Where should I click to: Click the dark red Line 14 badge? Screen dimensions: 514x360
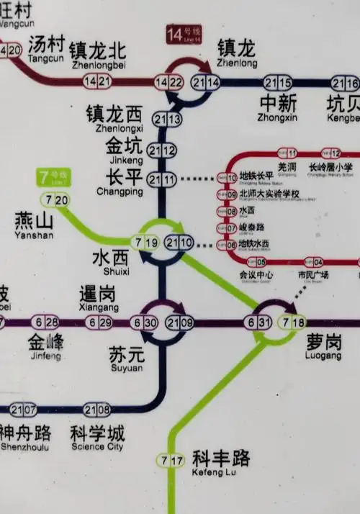[x=184, y=34]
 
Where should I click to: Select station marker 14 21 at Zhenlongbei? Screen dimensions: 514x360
[x=97, y=81]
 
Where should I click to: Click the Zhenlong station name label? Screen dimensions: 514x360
[x=236, y=53]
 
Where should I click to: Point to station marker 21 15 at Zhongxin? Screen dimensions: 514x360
[x=278, y=82]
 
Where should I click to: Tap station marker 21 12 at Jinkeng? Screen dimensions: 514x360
[x=162, y=150]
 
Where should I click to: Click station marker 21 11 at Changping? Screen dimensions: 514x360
[x=162, y=179]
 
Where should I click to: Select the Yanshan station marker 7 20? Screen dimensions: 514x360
[x=56, y=199]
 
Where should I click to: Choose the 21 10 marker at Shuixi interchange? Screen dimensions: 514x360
[x=179, y=243]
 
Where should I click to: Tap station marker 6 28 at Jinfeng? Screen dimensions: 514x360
[x=45, y=323]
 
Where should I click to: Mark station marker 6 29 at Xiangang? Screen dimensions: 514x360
[x=99, y=323]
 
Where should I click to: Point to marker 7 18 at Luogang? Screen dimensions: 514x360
[x=294, y=323]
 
